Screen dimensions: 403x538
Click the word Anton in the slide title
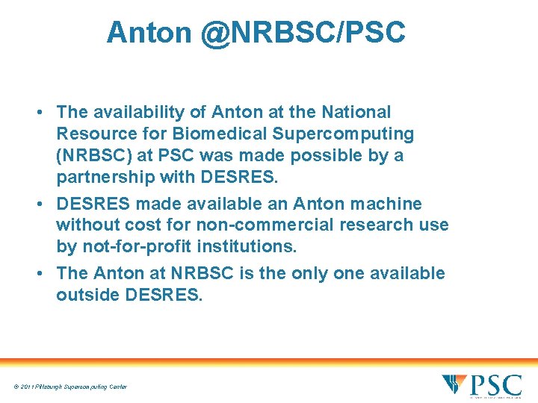pyautogui.click(x=149, y=33)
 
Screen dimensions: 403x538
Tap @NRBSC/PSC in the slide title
pyautogui.click(x=303, y=33)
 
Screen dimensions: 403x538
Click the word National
pyautogui.click(x=356, y=113)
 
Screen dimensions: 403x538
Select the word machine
pyautogui.click(x=386, y=204)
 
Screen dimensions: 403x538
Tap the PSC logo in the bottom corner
pyautogui.click(x=481, y=385)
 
